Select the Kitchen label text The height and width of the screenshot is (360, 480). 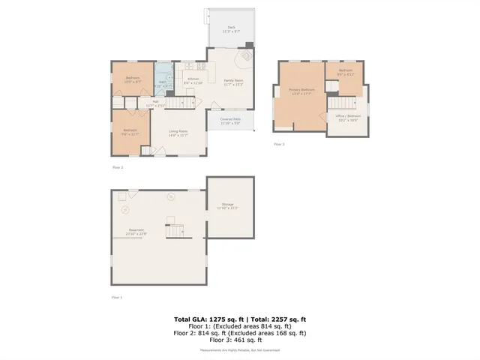193,80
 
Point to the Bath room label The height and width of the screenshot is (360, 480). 162,84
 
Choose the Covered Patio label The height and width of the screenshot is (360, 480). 230,121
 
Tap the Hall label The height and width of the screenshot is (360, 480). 155,103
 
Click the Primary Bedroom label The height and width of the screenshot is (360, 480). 301,91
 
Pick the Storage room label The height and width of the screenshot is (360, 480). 227,206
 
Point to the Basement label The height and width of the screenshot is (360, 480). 136,231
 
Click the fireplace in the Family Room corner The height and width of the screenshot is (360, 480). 245,57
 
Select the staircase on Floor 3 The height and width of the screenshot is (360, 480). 342,103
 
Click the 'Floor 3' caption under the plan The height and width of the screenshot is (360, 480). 279,143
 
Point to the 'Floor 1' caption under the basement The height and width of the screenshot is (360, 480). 116,298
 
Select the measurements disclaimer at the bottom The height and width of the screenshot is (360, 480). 239,350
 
